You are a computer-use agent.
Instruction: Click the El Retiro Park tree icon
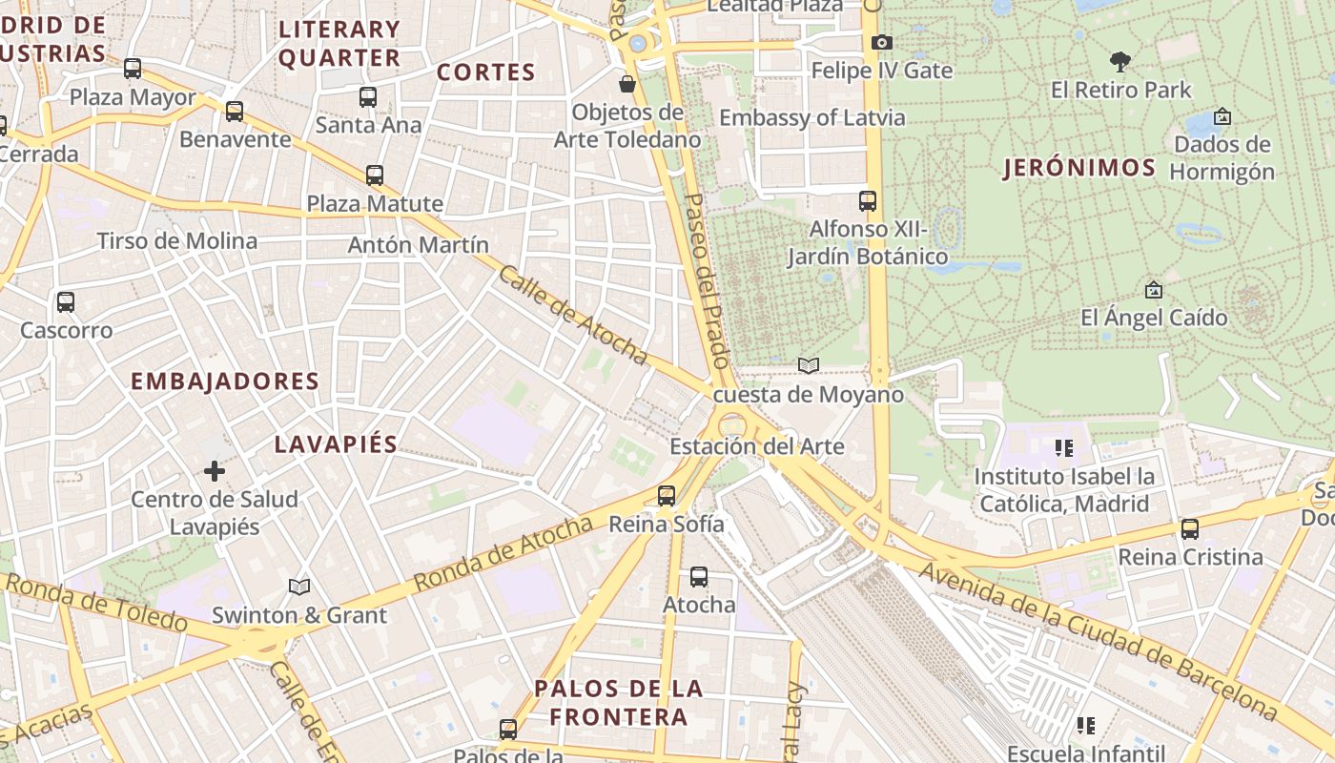1120,62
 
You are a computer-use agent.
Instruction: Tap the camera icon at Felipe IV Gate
881,42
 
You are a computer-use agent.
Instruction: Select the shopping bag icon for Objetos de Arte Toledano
627,84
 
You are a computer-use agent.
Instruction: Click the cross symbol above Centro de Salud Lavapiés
215,470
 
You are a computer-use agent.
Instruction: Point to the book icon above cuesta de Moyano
808,365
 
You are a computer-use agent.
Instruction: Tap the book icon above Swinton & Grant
299,587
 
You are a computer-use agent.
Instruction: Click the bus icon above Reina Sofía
667,495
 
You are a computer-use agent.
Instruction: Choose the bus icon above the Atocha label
699,576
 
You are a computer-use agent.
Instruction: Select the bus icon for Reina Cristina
1189,528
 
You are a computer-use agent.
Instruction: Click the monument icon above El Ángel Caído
1153,289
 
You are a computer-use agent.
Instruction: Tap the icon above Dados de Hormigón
1222,116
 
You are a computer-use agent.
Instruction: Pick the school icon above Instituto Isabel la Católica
1063,447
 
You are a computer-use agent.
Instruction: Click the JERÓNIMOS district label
1078,169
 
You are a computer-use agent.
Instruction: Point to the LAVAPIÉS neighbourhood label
336,444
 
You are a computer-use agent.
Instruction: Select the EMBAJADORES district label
224,381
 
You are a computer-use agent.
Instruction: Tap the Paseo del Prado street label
708,280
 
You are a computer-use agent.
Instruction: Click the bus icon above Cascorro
66,301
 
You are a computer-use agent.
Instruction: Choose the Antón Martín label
418,245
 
